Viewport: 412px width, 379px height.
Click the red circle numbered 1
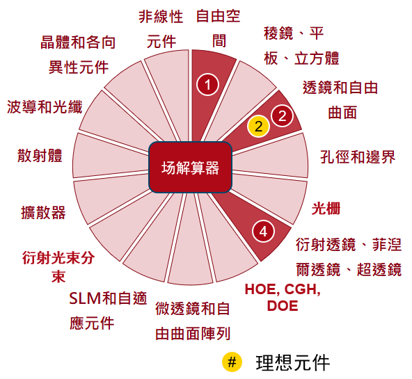207,85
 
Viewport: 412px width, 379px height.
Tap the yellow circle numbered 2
259,126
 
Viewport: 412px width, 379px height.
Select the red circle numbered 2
282,115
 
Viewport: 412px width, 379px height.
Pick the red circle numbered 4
263,232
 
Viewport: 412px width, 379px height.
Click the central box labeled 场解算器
190,168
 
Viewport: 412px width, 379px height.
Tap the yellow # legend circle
232,362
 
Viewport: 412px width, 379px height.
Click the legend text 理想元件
293,363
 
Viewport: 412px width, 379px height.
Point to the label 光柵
326,209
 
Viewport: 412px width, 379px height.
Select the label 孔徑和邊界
358,157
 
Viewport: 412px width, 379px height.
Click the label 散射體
40,155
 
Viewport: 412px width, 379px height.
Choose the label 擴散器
43,212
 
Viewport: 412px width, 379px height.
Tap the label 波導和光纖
45,107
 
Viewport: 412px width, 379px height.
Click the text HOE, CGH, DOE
283,298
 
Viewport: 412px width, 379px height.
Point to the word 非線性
161,17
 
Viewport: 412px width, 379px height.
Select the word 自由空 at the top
219,16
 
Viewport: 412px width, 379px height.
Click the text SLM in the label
85,298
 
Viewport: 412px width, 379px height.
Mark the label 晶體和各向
78,42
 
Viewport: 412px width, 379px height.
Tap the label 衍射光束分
58,258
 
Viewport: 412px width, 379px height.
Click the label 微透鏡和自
193,308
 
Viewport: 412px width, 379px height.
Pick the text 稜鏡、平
294,33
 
